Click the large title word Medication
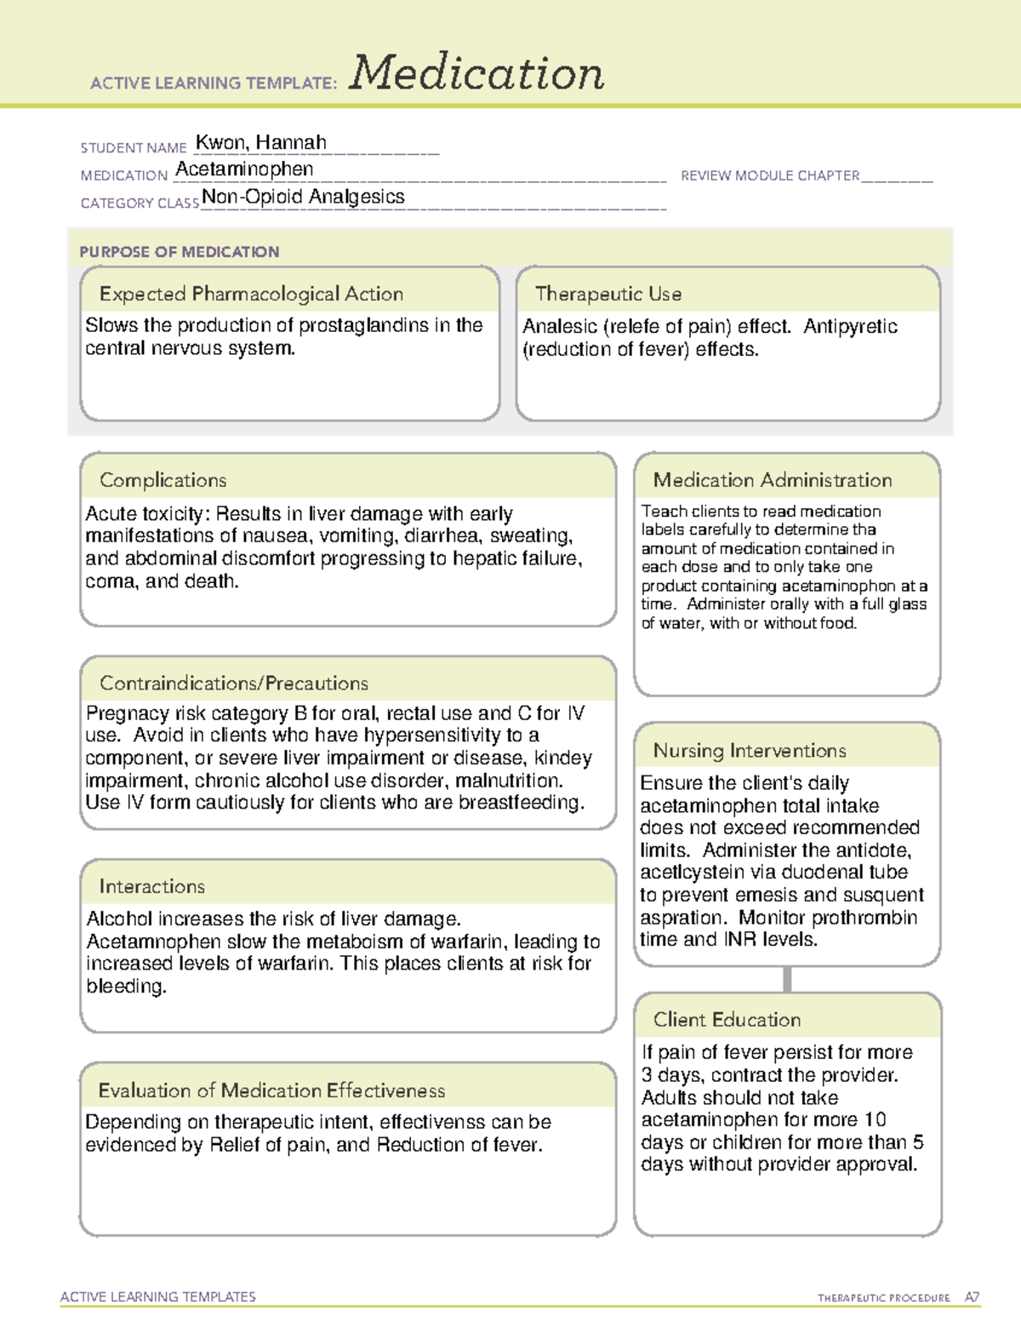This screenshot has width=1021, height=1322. (x=476, y=73)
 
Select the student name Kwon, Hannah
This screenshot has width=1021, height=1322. (x=261, y=142)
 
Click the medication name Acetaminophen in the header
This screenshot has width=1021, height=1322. (x=244, y=169)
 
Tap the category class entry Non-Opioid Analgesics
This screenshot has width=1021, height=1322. (x=303, y=197)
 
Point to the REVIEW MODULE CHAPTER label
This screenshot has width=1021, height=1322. (x=770, y=175)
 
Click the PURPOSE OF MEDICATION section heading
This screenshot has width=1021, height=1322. (x=180, y=252)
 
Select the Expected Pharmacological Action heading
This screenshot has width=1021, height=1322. (x=251, y=294)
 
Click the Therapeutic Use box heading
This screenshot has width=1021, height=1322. (x=607, y=294)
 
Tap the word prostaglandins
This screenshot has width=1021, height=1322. (x=363, y=325)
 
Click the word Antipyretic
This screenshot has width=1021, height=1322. (x=850, y=326)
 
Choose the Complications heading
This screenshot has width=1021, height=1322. (x=163, y=480)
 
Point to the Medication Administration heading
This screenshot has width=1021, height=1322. (x=772, y=480)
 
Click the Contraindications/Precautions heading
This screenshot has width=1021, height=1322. (x=234, y=683)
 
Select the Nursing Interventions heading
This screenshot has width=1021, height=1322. (x=749, y=750)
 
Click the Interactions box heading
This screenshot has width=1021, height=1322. (x=151, y=886)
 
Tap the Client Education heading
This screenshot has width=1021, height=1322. (x=727, y=1020)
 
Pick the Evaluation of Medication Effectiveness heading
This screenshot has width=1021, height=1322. (x=271, y=1090)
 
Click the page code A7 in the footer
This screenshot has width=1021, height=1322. (x=971, y=1297)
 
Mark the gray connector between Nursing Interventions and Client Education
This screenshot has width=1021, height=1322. (x=787, y=979)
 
